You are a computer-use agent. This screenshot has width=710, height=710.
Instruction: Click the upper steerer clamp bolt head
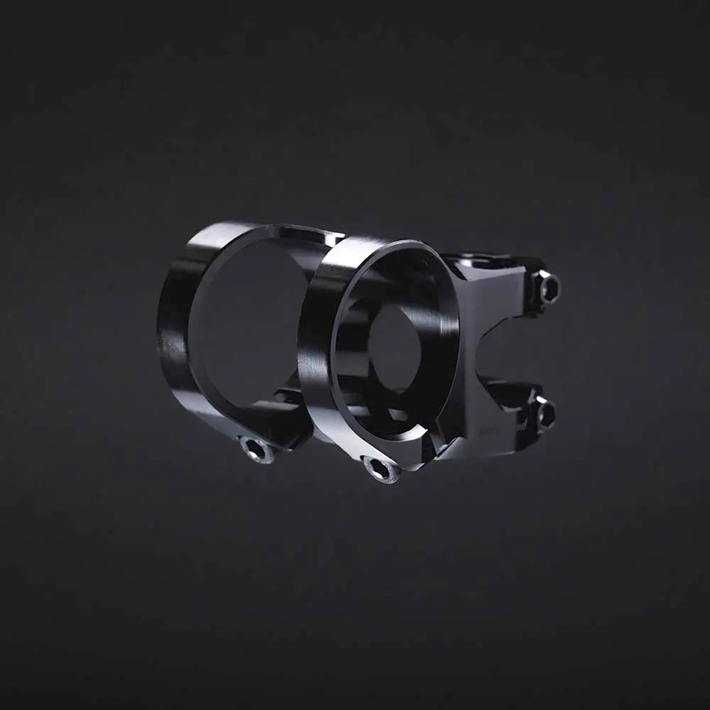549,288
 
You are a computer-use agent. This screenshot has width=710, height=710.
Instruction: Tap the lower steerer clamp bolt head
545,413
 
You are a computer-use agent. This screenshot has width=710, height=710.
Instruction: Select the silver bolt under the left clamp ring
257,449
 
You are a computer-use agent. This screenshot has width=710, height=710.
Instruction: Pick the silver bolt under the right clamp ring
382,469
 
